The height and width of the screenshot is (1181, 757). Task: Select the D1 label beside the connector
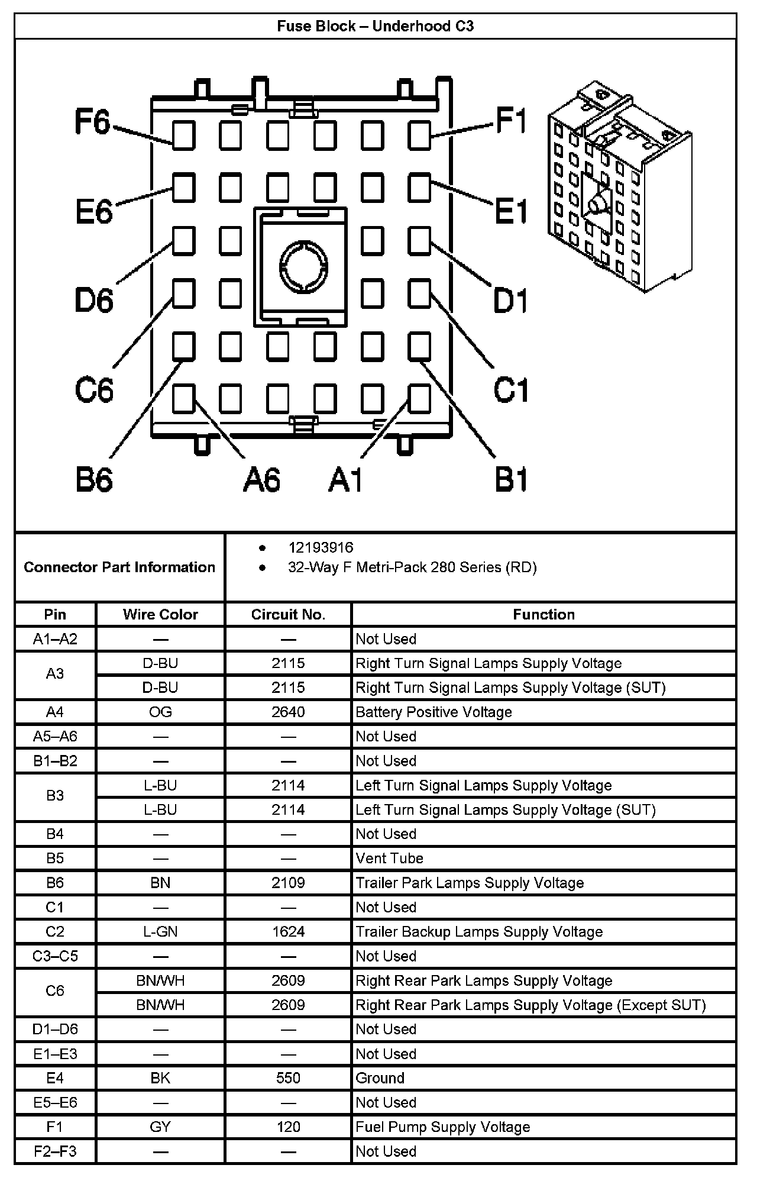[x=510, y=300]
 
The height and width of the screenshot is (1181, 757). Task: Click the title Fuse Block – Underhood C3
[x=375, y=27]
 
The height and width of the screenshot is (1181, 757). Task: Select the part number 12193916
[x=321, y=547]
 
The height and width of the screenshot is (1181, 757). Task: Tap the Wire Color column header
[x=160, y=614]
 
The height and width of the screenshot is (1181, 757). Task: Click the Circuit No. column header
[x=288, y=614]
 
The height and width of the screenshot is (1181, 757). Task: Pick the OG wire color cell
[x=160, y=712]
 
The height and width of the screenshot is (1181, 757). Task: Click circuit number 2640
[x=288, y=712]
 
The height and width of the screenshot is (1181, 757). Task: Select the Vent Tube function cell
[x=389, y=858]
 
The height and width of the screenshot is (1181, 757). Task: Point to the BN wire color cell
[x=160, y=883]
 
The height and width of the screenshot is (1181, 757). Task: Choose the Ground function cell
[x=380, y=1078]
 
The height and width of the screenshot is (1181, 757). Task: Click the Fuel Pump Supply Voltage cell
[x=442, y=1127]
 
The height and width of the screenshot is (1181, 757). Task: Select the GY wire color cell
[x=160, y=1127]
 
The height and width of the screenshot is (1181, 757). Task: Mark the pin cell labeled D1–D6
[x=55, y=1029]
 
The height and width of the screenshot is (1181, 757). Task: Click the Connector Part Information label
[x=119, y=567]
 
